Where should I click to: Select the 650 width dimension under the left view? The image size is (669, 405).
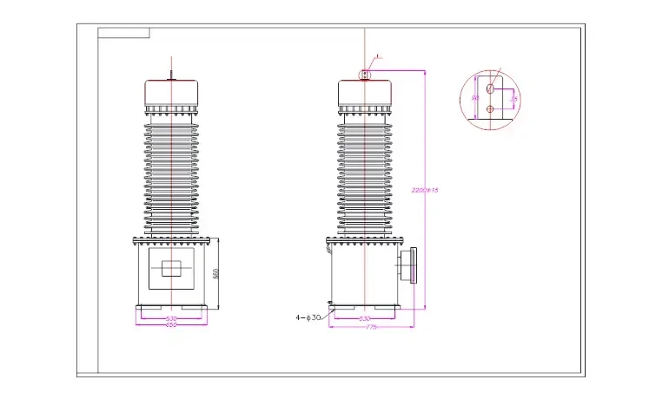click(x=172, y=324)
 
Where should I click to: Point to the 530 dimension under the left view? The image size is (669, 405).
click(x=172, y=318)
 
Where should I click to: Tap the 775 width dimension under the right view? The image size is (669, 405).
click(x=371, y=326)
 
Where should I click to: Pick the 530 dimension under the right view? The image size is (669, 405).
click(x=366, y=318)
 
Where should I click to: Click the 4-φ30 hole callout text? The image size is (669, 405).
click(x=308, y=317)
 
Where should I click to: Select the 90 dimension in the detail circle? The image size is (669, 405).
click(x=474, y=98)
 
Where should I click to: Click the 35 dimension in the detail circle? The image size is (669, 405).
click(x=514, y=99)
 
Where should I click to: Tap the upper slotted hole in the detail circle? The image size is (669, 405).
click(x=491, y=88)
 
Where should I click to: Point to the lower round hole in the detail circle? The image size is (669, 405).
click(x=491, y=108)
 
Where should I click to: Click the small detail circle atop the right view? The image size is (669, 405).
click(x=366, y=75)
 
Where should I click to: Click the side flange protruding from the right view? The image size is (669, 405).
click(x=407, y=265)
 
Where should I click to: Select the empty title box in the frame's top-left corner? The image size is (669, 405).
click(x=123, y=34)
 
